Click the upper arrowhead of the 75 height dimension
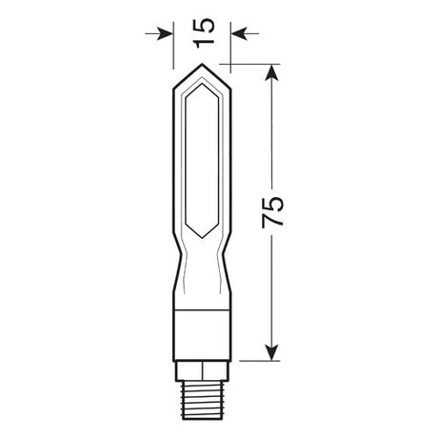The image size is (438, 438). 273,72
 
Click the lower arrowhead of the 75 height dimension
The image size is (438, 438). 273,355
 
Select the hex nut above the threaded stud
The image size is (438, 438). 203,368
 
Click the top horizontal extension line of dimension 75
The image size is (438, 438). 252,65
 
